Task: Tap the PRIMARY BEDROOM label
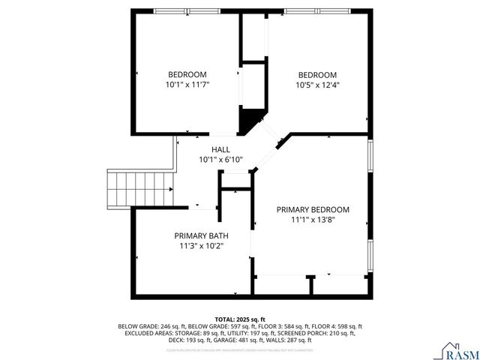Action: (x=313, y=210)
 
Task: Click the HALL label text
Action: (x=220, y=150)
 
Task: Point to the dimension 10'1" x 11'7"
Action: (x=187, y=85)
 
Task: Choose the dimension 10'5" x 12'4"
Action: (x=317, y=85)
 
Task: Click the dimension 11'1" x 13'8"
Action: (x=313, y=220)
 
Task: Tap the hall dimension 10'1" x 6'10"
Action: (x=220, y=160)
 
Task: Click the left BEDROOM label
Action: (x=187, y=74)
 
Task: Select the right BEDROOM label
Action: (x=317, y=74)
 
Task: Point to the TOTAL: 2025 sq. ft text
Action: (x=240, y=319)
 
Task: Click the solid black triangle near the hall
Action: (x=250, y=118)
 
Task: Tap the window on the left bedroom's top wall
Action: (x=187, y=11)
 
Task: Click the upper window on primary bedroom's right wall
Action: (x=370, y=155)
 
